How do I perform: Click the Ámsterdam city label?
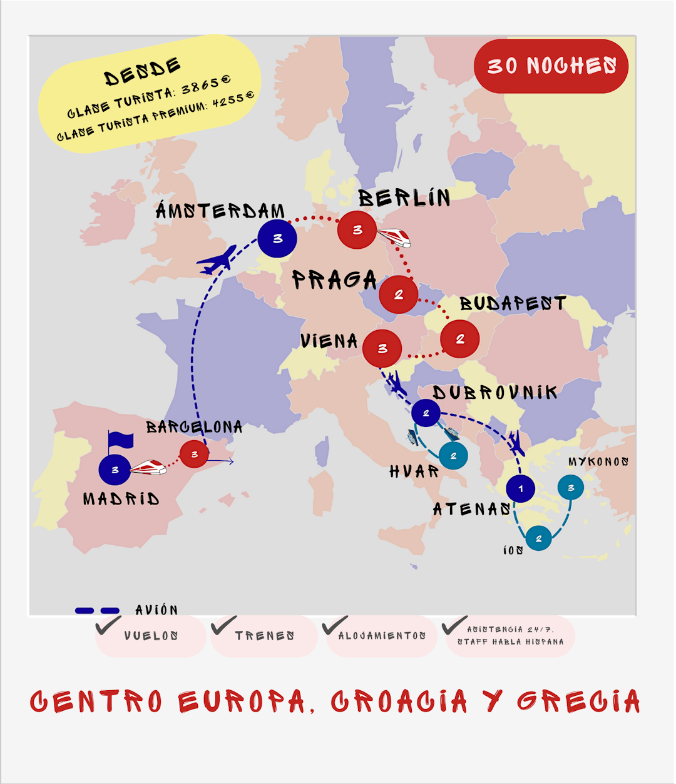coord(220,211)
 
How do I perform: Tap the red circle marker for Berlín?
coord(357,230)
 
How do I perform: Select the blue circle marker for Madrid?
coord(115,470)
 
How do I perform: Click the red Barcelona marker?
coord(194,455)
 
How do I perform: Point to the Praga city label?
coord(334,279)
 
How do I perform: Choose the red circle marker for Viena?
coord(382,349)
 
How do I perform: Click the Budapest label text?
coord(513,304)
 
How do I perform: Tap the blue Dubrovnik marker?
coord(426,413)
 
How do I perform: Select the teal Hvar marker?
coord(453,456)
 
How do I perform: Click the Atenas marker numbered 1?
coord(520,488)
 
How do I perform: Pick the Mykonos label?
coord(598,462)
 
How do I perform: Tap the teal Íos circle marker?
coord(538,538)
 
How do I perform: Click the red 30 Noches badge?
coord(551,66)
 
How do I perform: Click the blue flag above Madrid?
coord(120,440)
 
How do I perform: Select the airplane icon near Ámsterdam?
coord(217,259)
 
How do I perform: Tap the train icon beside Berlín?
coord(394,236)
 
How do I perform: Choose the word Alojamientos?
coord(382,636)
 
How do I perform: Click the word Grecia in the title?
coord(578,701)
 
